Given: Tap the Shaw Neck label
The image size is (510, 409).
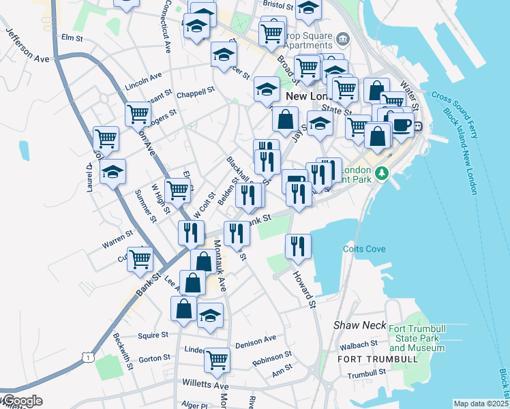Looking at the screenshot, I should click(360, 326).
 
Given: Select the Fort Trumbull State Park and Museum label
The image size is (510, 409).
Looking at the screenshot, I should click(417, 338).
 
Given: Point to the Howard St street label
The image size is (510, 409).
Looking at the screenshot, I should click(305, 290).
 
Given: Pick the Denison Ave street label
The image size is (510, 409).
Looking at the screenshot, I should click(255, 339).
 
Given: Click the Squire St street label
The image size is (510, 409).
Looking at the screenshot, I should click(153, 335).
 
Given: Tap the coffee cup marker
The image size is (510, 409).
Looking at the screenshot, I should click(400, 124).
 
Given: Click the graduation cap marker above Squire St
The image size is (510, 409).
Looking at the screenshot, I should click(210, 316).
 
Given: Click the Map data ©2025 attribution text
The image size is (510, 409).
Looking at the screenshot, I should click(481, 404).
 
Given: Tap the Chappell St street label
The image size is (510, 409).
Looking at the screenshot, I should click(196, 91).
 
